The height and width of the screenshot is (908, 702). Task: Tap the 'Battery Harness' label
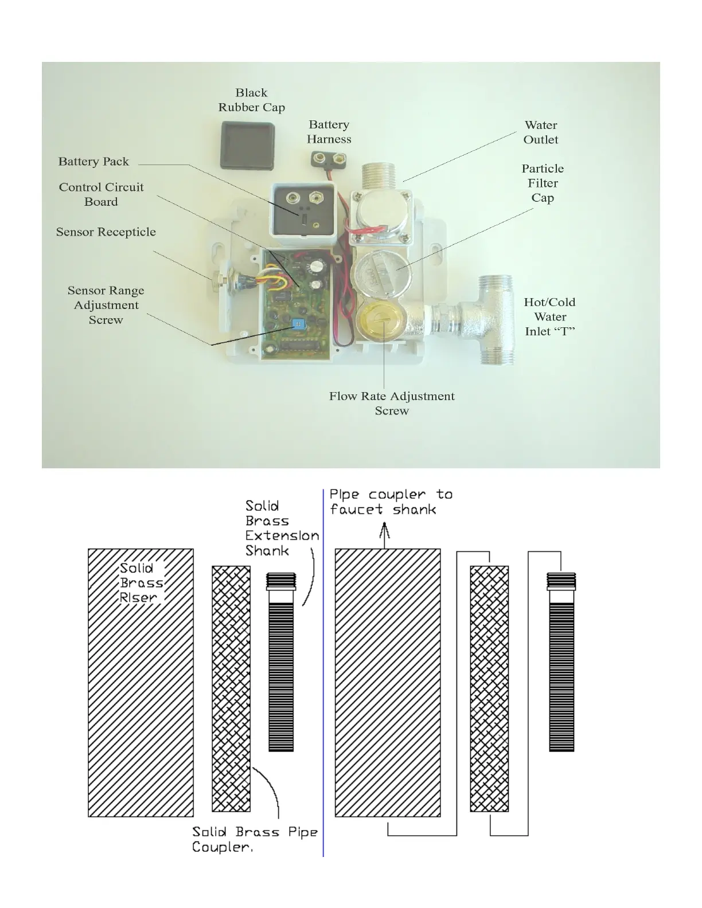pos(329,132)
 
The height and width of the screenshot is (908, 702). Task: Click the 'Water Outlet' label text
pos(540,132)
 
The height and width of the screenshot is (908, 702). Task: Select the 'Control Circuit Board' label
pos(101,194)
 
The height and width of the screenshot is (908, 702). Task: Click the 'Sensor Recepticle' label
pos(106,232)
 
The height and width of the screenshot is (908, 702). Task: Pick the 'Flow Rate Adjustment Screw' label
pos(392,404)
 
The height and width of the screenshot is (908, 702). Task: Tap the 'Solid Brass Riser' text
pos(139,583)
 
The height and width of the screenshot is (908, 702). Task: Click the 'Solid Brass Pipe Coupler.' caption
pos(255,839)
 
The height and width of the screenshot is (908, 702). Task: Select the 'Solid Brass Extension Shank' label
pos(281,529)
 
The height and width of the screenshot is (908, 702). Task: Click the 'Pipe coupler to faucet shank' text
pos(391,502)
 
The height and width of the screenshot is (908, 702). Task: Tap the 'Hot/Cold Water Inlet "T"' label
pos(549,317)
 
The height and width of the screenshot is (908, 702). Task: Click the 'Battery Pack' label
pos(93,162)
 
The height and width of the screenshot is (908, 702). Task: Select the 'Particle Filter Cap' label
pos(543,183)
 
